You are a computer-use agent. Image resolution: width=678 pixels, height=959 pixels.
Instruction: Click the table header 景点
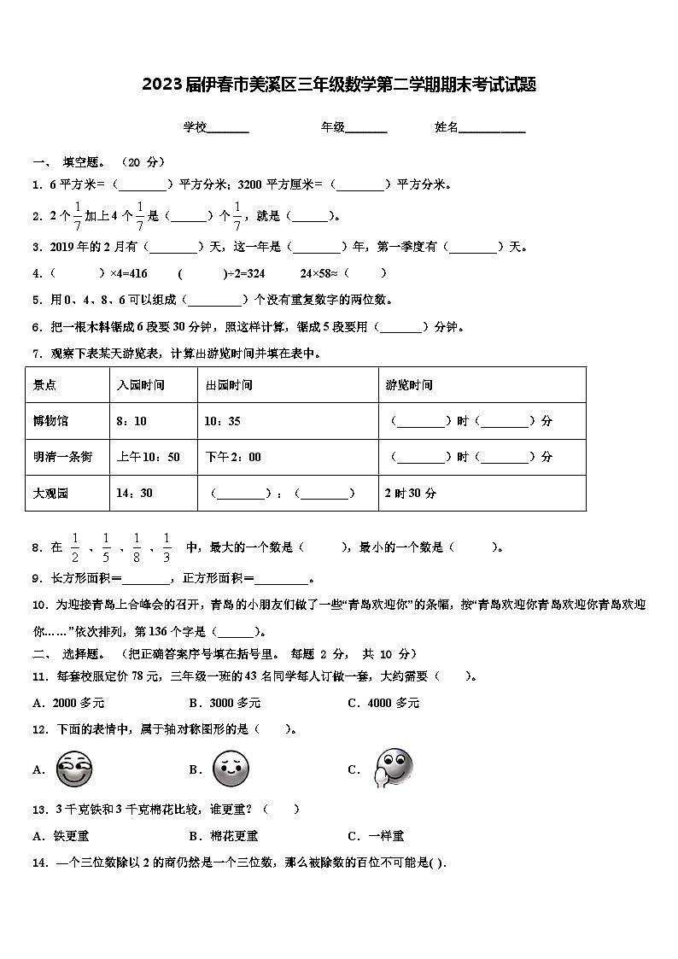tap(45, 385)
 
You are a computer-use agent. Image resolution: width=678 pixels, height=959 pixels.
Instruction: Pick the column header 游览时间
tap(409, 385)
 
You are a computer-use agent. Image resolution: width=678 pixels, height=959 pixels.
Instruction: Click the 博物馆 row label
tap(50, 421)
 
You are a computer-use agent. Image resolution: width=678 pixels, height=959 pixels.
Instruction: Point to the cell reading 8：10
tap(131, 421)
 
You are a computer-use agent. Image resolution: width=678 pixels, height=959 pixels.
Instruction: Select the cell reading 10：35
tap(222, 421)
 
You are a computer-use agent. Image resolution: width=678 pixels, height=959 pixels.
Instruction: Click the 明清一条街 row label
tap(62, 457)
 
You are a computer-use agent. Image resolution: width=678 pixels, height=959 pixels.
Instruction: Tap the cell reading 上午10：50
tap(149, 457)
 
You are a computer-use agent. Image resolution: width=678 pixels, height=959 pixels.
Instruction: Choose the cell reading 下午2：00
tap(233, 457)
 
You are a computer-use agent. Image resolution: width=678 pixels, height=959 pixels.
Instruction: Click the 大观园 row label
tap(50, 493)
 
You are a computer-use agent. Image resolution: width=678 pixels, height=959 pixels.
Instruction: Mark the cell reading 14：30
tap(135, 493)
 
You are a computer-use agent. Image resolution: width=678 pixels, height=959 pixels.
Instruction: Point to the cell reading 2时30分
tap(411, 493)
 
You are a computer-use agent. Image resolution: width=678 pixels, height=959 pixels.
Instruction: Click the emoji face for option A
tap(73, 769)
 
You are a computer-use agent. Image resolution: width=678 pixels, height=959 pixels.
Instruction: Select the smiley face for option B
tap(230, 769)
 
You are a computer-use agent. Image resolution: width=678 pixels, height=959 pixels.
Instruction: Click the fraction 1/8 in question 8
tap(137, 547)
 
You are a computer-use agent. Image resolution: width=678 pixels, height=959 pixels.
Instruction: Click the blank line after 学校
tap(228, 128)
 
